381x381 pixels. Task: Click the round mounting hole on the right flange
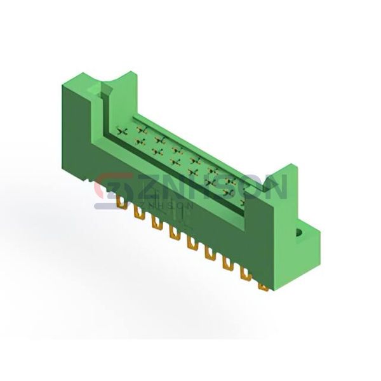point(298,233)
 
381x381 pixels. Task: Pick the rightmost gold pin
point(263,288)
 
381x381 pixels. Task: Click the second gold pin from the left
point(138,213)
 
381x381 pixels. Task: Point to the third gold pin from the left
point(157,223)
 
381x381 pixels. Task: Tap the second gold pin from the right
point(246,274)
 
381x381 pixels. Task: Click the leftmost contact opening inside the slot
point(122,131)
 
